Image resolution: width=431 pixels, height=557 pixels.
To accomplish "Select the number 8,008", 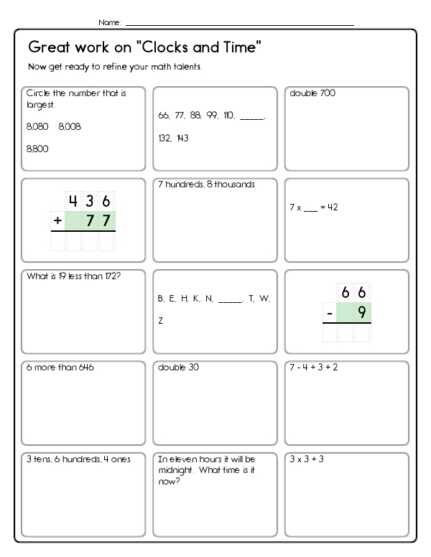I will tap(70, 126).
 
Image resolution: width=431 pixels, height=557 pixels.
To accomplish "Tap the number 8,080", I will tap(37, 126).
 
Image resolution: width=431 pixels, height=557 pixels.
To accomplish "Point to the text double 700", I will tap(312, 93).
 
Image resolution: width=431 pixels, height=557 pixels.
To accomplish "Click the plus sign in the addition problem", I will tap(57, 221).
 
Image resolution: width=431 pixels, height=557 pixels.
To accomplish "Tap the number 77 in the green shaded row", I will tap(98, 221).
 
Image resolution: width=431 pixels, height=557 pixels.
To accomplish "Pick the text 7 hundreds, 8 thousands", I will tap(206, 184).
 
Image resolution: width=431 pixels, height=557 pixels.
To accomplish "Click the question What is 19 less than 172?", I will tap(73, 276).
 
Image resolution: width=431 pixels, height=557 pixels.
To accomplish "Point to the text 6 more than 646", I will tap(60, 368).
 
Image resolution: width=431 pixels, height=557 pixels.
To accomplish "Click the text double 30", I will tap(178, 368).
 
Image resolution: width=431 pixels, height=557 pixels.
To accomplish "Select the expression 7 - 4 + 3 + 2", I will tap(313, 368).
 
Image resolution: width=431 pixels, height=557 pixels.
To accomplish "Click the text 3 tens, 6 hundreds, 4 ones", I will tap(78, 459).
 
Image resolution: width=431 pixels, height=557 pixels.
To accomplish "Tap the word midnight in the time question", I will tap(176, 470).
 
